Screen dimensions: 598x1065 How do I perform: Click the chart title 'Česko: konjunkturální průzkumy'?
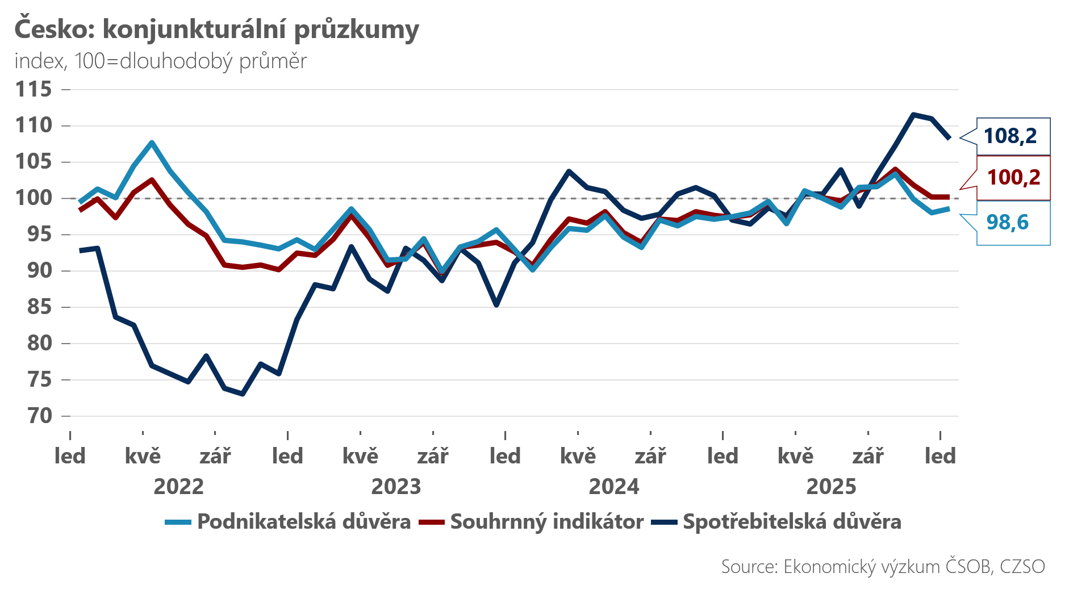click(x=216, y=30)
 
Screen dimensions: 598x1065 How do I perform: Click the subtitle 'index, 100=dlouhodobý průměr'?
click(x=161, y=61)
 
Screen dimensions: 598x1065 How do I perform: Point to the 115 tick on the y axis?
click(x=34, y=89)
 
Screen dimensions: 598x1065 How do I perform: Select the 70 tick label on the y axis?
click(x=40, y=416)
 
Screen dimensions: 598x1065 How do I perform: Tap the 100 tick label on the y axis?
click(x=34, y=198)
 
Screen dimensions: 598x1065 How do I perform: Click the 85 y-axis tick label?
click(x=40, y=307)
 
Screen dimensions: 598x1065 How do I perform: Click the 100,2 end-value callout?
click(x=1013, y=178)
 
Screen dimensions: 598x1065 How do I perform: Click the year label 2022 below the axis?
click(x=178, y=487)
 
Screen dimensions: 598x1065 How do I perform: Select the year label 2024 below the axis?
click(x=613, y=487)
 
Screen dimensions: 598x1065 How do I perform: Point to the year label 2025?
click(x=831, y=487)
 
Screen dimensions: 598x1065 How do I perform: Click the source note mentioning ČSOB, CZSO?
click(x=883, y=566)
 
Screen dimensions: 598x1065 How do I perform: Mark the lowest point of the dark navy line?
click(x=243, y=394)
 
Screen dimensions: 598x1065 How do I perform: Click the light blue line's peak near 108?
click(x=152, y=143)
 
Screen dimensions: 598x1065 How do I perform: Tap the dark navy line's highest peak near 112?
click(x=913, y=115)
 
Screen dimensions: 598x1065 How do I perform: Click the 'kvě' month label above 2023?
click(x=360, y=456)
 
